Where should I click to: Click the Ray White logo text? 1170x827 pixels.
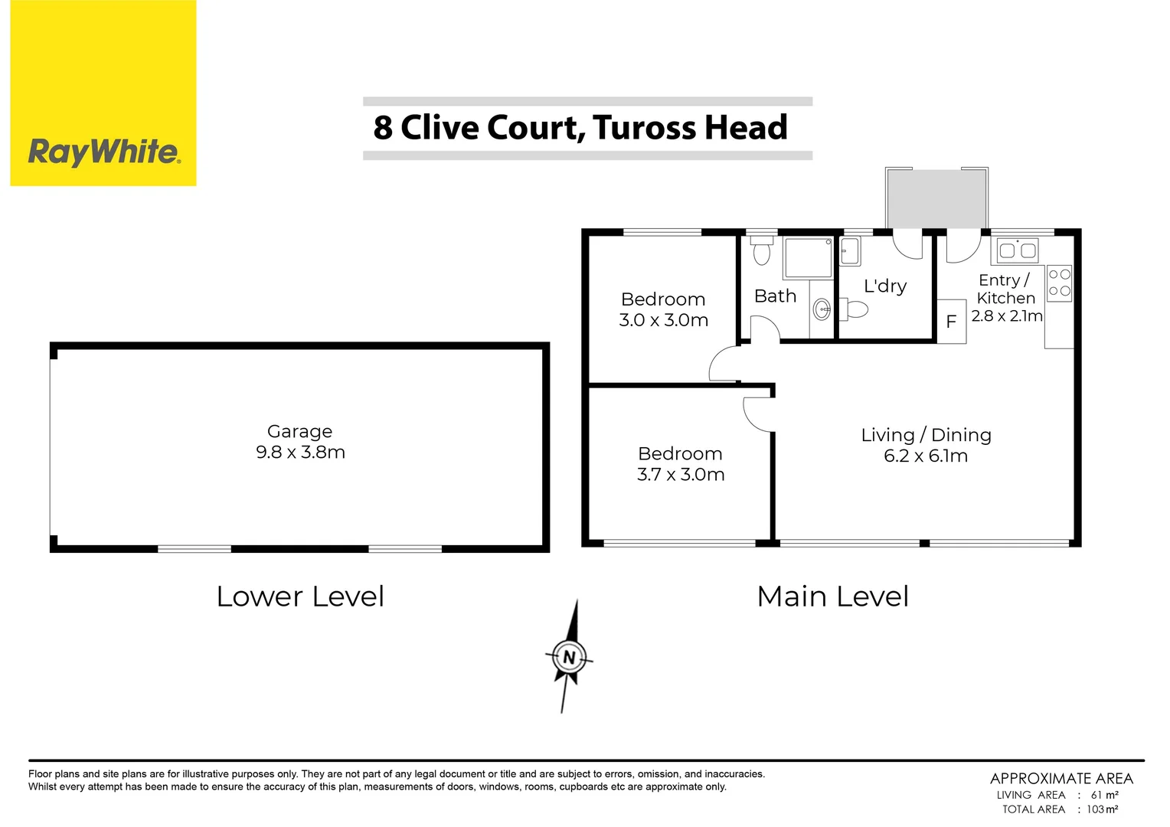coord(103,152)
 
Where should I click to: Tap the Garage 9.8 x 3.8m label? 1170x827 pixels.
coord(300,442)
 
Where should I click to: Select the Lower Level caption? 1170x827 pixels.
coord(300,597)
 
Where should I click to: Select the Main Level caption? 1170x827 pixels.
coord(832,597)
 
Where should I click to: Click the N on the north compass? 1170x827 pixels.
coord(569,658)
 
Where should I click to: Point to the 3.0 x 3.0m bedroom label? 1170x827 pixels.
coord(663,320)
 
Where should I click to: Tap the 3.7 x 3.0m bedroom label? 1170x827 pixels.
coord(680,475)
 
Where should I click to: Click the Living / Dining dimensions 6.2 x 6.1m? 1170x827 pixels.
coord(926,456)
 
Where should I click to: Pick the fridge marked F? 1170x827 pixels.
coord(951,322)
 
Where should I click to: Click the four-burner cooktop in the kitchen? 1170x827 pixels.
coord(1060,283)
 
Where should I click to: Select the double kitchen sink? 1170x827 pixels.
coord(1018,250)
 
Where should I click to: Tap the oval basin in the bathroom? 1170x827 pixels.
coord(822,310)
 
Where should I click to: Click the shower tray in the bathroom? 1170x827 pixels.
coord(808,258)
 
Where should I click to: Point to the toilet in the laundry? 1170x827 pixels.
coord(855,309)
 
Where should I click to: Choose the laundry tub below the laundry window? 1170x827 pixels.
coord(850,250)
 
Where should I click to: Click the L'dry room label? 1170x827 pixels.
coord(885,286)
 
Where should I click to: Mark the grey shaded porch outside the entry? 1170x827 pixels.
coord(936,198)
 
